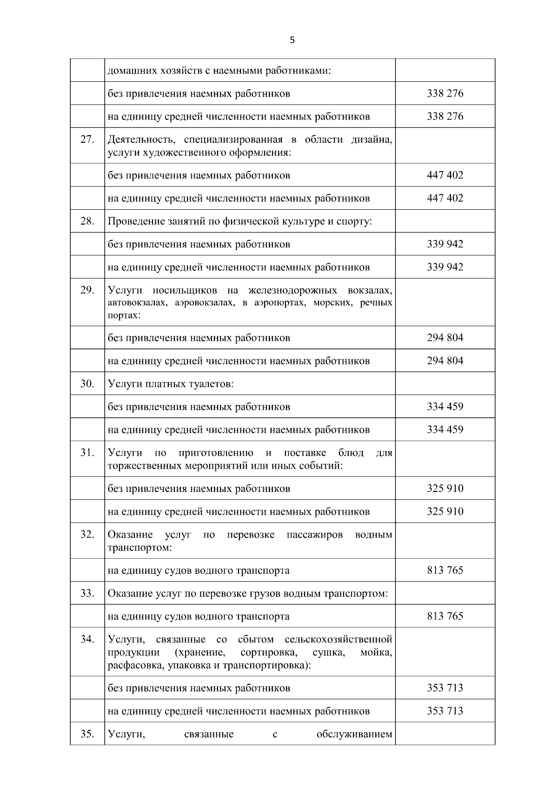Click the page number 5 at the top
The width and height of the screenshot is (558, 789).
292,40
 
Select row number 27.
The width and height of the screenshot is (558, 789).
87,139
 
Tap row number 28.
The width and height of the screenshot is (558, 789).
87,221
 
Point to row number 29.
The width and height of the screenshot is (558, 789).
87,290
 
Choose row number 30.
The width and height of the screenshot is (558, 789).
87,384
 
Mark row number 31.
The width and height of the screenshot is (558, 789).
87,452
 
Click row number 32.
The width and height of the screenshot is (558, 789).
87,534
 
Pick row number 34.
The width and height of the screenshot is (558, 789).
87,639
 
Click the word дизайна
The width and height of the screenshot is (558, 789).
372,140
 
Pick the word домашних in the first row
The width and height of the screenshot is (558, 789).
129,71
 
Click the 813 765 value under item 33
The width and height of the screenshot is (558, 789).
445,617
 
